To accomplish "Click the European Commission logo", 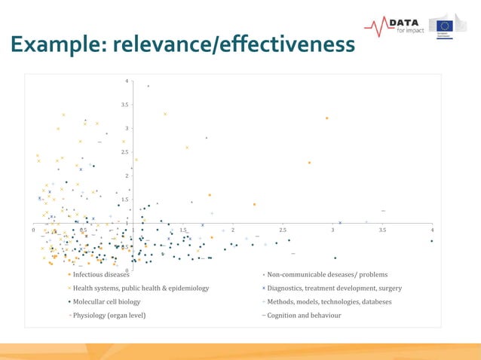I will [451, 25].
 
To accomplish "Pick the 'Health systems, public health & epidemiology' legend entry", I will [140, 288].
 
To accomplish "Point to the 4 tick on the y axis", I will [127, 81].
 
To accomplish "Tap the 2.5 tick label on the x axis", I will [283, 230].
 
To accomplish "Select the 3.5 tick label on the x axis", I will [382, 230].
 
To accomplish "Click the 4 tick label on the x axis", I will [432, 230].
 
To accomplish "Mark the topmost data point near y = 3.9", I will [149, 86].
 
